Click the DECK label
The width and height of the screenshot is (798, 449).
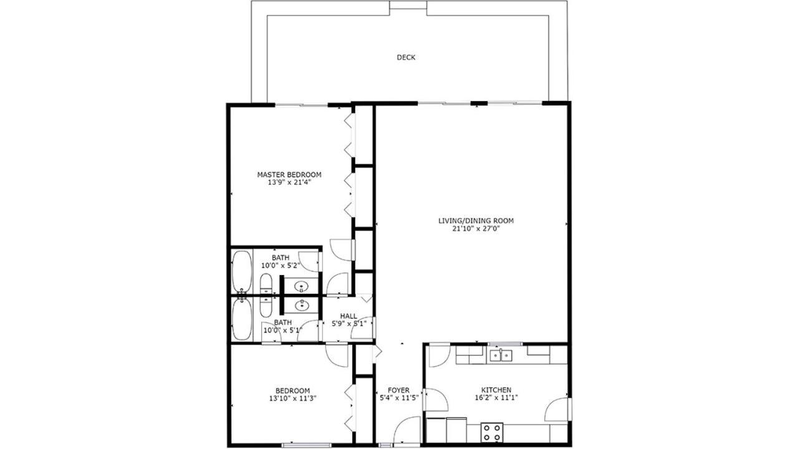point(406,57)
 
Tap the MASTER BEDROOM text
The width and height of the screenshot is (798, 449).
point(289,175)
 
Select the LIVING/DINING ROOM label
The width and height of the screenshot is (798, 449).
point(476,221)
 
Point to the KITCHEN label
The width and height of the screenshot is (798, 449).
point(496,390)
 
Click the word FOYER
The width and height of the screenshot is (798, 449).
point(398,390)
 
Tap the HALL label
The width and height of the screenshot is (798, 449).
point(349,316)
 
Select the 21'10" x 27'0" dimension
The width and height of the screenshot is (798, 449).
point(476,229)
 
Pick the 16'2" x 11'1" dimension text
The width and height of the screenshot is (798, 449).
point(496,398)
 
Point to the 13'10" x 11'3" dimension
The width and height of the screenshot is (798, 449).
point(293,398)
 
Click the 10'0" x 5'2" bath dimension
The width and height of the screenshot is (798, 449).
point(281,266)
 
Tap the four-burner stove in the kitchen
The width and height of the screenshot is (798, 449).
point(492,432)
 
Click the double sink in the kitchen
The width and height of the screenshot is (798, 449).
point(501,355)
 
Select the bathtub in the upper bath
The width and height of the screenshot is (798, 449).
point(242,272)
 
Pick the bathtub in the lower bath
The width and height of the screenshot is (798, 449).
point(242,319)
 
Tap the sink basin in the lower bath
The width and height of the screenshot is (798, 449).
point(302,305)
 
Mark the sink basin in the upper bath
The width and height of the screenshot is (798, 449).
point(302,286)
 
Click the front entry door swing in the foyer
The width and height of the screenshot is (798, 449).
point(407,430)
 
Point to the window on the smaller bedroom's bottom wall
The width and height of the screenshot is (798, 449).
point(306,445)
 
